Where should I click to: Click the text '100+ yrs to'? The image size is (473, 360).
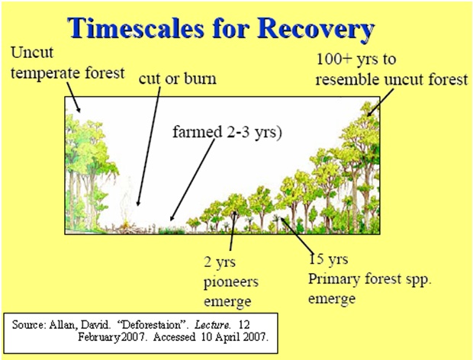coord(356,59)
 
